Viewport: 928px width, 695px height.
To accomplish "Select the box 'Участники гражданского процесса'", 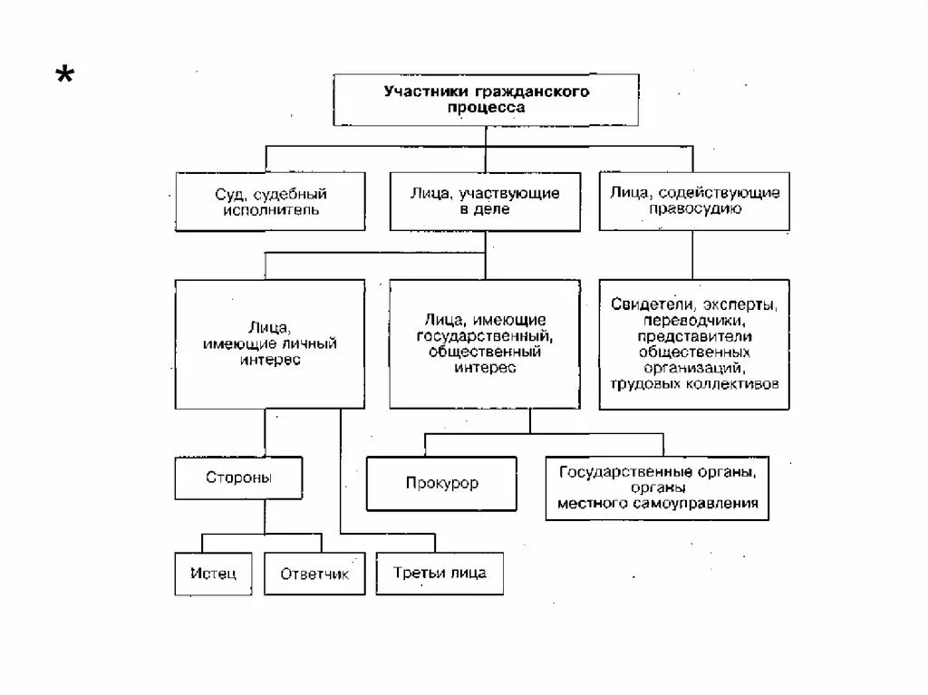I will click(486, 100).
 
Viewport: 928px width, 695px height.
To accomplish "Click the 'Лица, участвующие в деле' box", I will click(485, 201).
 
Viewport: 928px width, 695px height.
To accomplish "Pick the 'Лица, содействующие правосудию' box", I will click(694, 201).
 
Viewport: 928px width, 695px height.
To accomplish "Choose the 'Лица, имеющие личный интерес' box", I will click(265, 344).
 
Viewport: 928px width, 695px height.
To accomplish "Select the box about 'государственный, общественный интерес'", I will click(485, 343).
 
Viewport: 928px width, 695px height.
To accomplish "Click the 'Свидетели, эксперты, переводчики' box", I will click(694, 344).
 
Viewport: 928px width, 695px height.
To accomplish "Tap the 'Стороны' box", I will click(238, 478).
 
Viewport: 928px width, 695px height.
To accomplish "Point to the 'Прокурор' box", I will click(441, 484).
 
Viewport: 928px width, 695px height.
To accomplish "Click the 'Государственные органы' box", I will click(657, 487).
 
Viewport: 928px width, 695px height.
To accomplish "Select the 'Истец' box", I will click(213, 574).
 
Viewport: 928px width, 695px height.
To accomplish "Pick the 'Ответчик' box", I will click(314, 574).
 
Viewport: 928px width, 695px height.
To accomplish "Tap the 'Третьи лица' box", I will click(440, 574).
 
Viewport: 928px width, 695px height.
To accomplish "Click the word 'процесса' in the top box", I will click(486, 107).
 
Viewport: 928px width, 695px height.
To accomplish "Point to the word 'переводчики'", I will click(693, 320).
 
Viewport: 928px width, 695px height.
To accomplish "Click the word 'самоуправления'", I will click(705, 503).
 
